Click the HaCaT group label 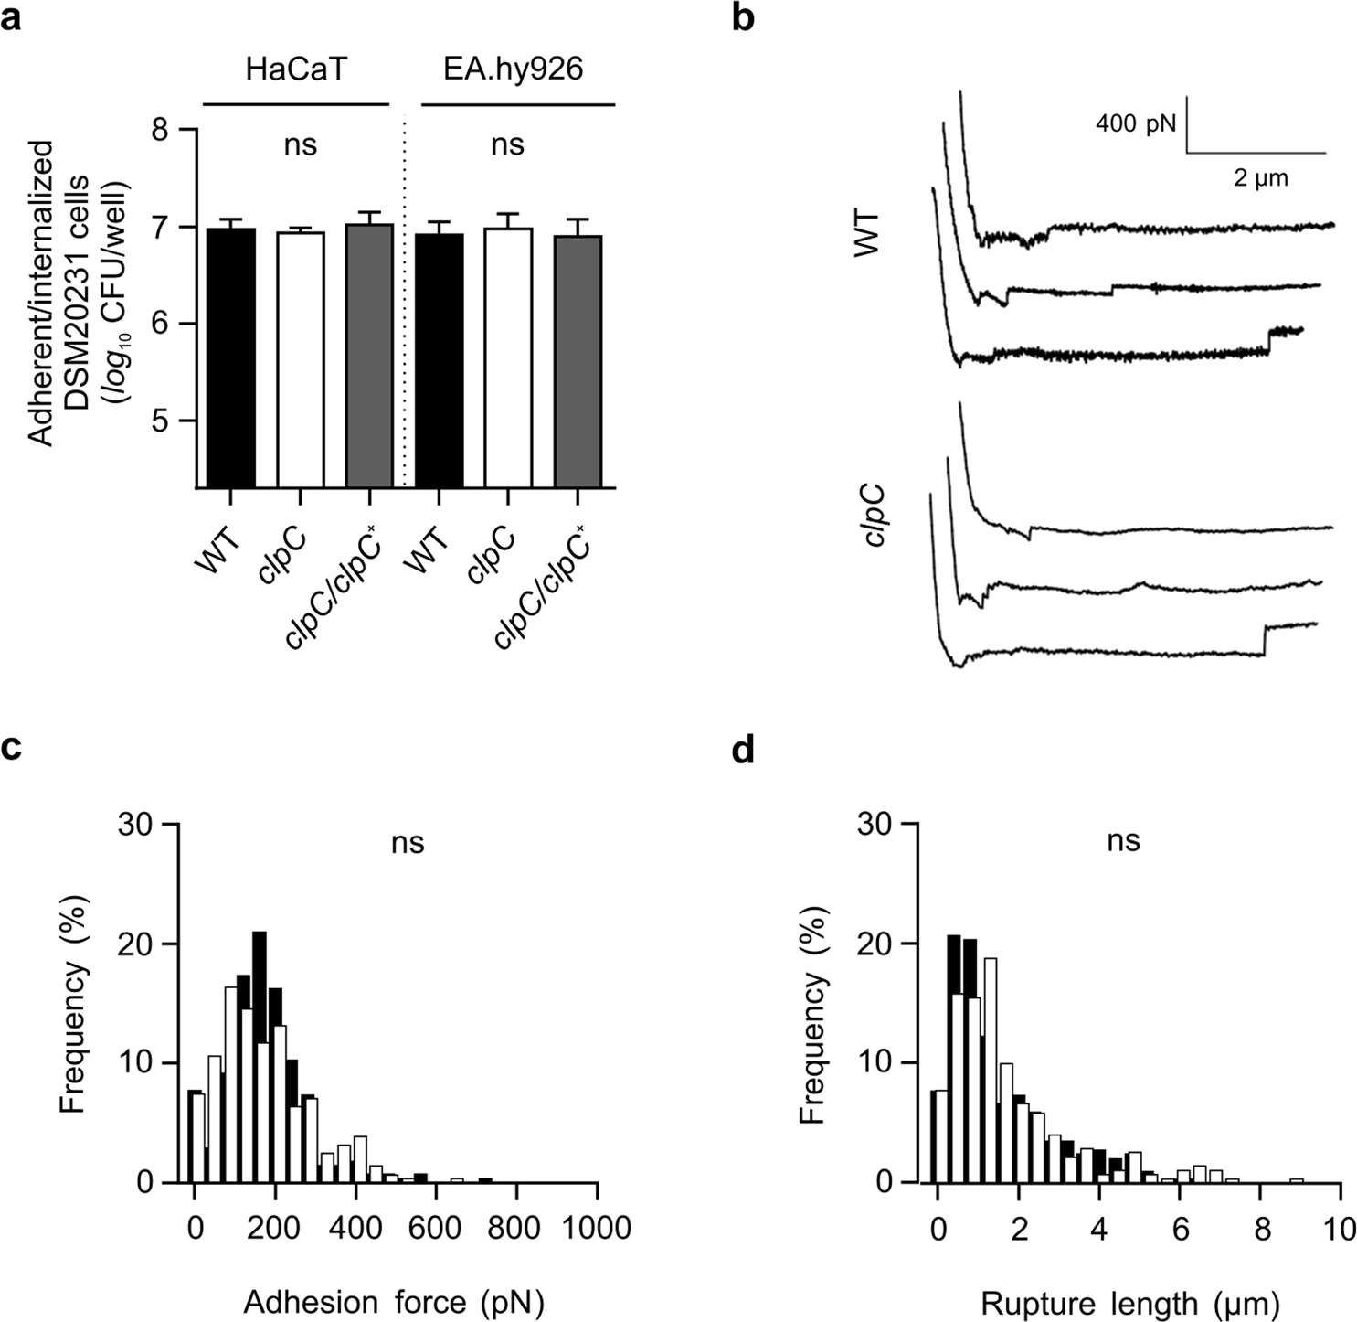coord(296,69)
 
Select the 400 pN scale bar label coord(1136,123)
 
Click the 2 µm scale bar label coord(1261,177)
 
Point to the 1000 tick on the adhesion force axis coord(597,1226)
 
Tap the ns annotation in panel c coord(408,841)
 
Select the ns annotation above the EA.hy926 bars coord(508,144)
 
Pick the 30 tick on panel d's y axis coord(875,825)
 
